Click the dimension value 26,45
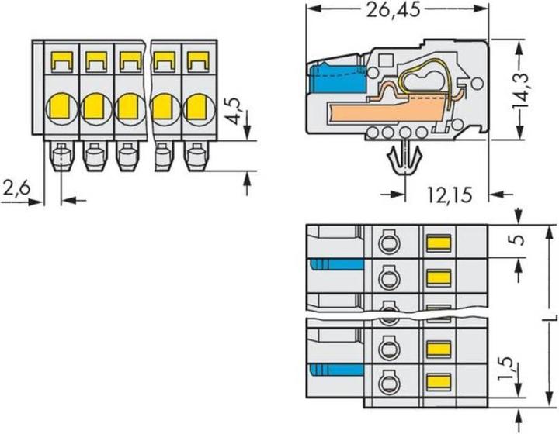tap(397, 11)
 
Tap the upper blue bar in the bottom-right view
tap(335, 265)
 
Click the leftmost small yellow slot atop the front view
tap(62, 58)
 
